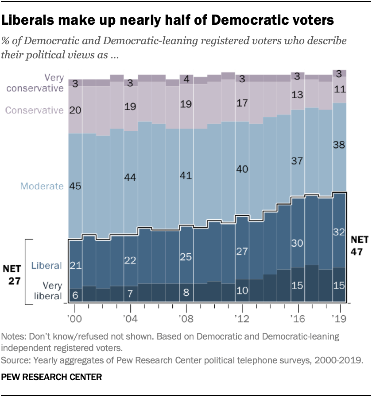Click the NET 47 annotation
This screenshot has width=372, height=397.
tap(359, 246)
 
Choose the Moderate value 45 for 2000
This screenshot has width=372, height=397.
tap(75, 186)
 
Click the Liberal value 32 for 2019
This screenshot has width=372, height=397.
tap(339, 232)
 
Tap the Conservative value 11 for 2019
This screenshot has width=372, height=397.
tap(339, 89)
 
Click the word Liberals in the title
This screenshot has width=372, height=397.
tap(30, 21)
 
